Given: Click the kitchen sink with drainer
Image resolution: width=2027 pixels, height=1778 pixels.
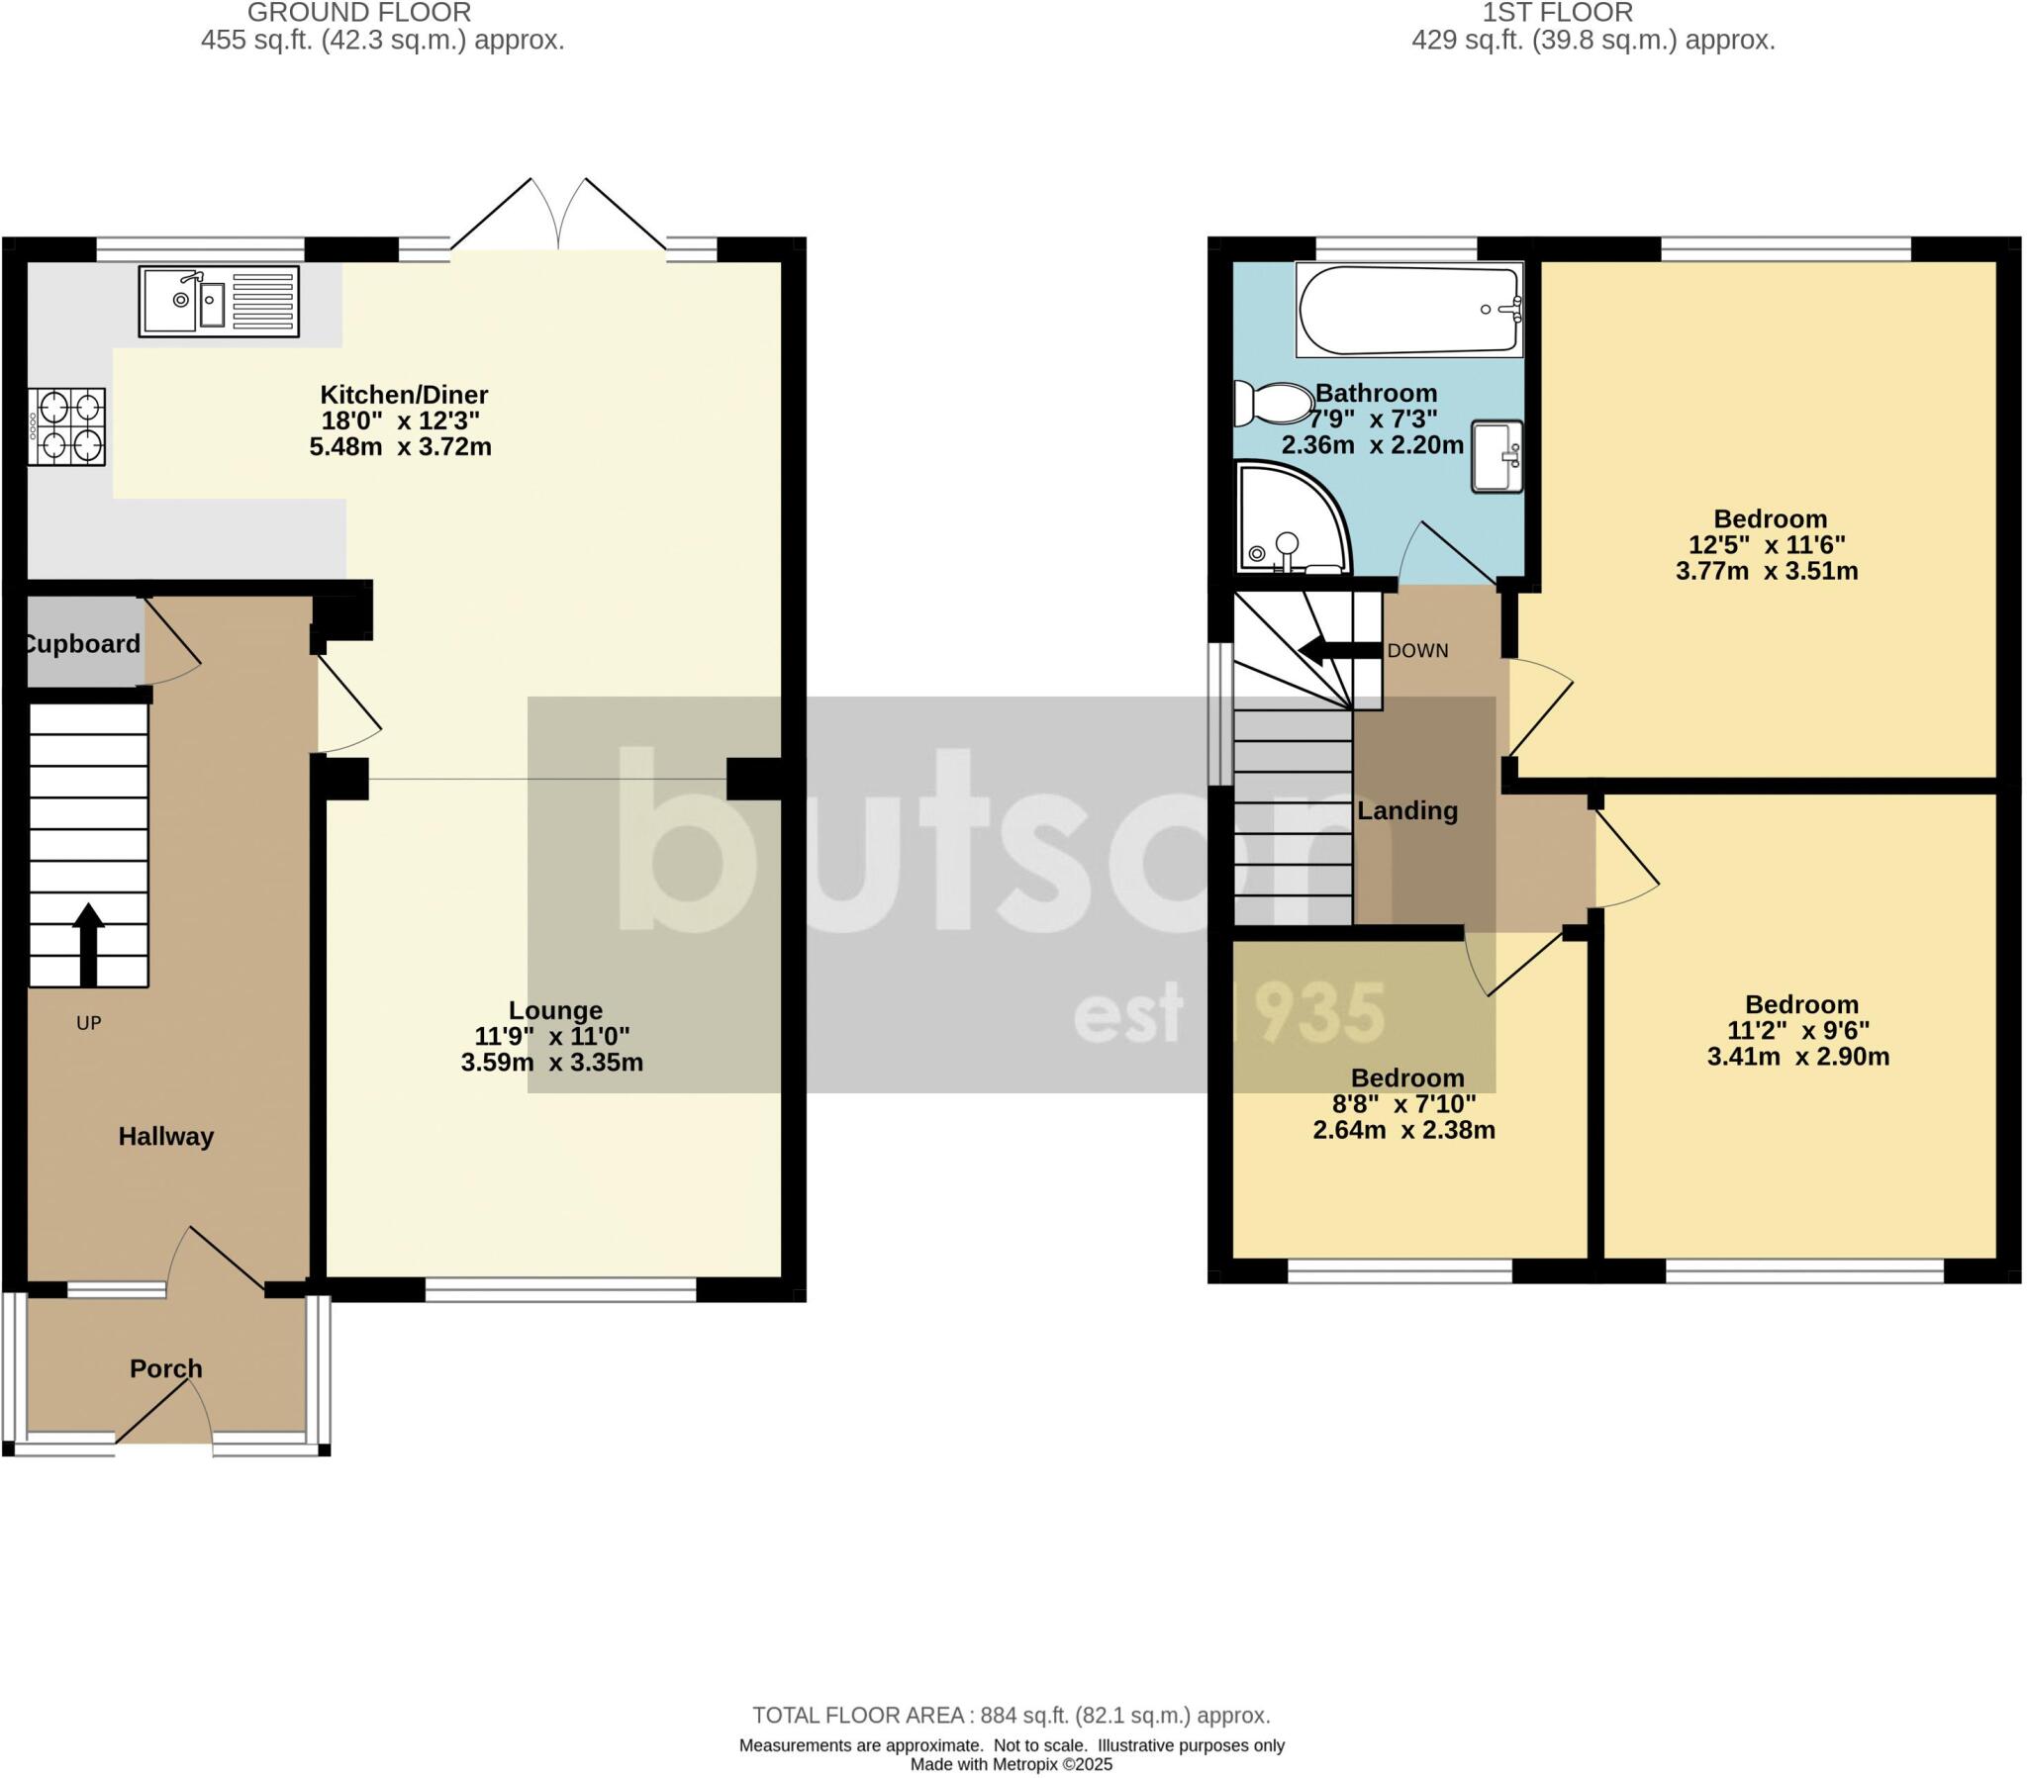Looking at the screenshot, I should coord(218,301).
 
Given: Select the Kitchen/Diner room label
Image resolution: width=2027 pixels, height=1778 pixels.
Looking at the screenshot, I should coord(404,395).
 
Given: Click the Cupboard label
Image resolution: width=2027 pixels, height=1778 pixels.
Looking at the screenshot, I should coord(82,644).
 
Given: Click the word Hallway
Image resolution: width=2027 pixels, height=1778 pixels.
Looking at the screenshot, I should coord(165,1137).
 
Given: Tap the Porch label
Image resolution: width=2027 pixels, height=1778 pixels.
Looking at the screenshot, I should coord(165,1368).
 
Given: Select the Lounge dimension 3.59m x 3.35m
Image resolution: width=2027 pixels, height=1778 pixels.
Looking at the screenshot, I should coord(551,1063).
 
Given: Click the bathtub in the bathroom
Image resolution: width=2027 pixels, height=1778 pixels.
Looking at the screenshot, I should coord(1408,310).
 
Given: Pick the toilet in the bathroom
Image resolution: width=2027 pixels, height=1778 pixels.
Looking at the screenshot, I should coord(1273,404).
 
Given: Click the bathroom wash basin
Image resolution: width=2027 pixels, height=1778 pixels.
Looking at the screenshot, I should coord(1496,457).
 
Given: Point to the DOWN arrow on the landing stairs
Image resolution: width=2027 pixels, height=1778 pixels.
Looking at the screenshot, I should coord(1339,650).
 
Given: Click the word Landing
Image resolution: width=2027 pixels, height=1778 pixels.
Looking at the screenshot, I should coord(1407,811).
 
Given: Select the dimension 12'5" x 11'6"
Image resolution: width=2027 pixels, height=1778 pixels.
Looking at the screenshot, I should coord(1766,545).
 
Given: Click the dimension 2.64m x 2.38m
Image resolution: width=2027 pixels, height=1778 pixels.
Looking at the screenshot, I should coord(1403,1131).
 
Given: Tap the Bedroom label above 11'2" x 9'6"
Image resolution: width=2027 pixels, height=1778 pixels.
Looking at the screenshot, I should coord(1801,1004).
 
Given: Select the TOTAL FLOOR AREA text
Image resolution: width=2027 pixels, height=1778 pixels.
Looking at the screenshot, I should coord(1011,1716).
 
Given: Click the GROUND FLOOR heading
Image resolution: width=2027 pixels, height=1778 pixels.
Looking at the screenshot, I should coord(359,13).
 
